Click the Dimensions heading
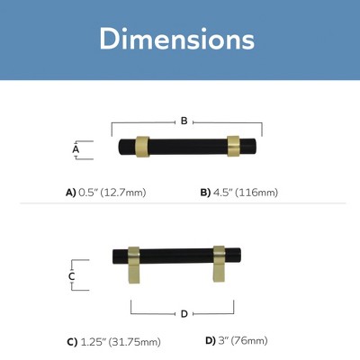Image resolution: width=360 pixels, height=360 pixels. pyautogui.click(x=177, y=39)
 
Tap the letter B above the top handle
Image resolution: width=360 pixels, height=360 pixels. pyautogui.click(x=184, y=121)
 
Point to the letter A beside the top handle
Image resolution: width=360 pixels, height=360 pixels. pyautogui.click(x=76, y=149)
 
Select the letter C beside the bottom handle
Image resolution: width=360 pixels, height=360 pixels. pyautogui.click(x=71, y=276)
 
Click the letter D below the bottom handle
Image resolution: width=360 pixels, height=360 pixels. pyautogui.click(x=184, y=314)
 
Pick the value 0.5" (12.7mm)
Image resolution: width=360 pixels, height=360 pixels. pyautogui.click(x=112, y=193)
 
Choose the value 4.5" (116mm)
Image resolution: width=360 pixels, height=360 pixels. pyautogui.click(x=246, y=193)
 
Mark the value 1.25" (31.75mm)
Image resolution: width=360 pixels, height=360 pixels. pyautogui.click(x=121, y=342)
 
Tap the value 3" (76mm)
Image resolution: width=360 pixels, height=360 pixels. pyautogui.click(x=243, y=341)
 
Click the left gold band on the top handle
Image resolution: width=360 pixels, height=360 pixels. pyautogui.click(x=142, y=147)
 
